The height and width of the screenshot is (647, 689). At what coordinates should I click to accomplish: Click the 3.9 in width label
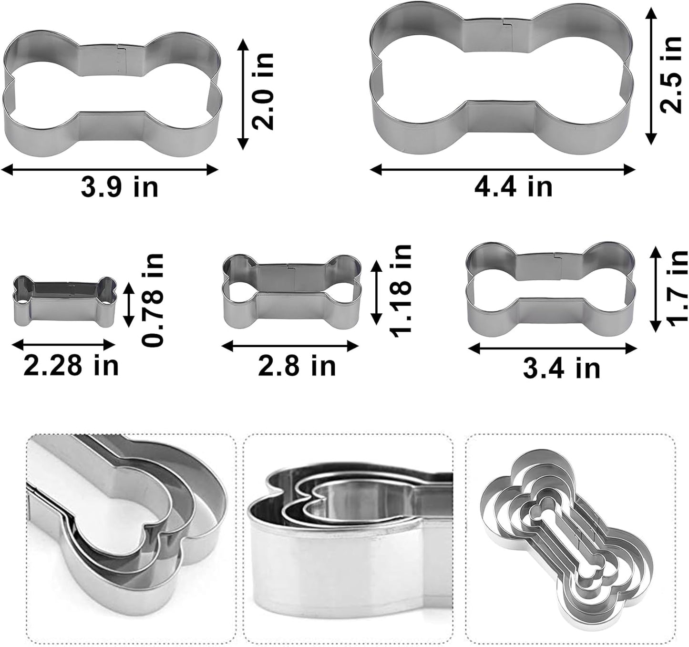click(119, 187)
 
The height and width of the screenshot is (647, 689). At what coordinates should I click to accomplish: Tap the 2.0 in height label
click(263, 91)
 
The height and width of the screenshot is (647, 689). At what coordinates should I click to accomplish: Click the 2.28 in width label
click(71, 366)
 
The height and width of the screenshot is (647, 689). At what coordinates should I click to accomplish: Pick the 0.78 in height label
click(154, 300)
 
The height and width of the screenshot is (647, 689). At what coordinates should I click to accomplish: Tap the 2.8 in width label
click(297, 366)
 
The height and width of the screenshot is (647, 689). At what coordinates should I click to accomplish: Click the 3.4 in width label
click(561, 368)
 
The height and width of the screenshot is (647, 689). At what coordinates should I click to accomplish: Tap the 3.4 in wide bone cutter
click(551, 288)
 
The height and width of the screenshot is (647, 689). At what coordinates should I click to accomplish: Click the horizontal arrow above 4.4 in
click(503, 169)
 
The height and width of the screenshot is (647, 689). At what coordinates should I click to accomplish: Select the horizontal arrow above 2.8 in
click(290, 347)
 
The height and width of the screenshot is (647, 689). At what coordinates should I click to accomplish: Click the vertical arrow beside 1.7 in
click(656, 288)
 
